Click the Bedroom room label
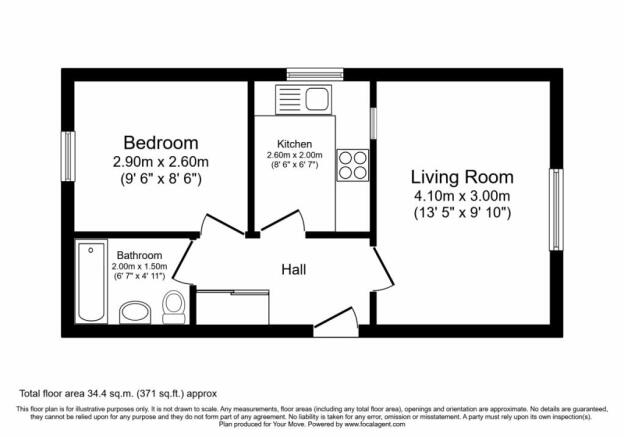point(161,143)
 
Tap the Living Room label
point(462,178)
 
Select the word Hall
point(294,270)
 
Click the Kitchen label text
point(294,144)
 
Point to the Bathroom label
point(139,255)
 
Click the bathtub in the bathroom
point(91,282)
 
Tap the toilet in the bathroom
point(174,307)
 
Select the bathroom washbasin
point(135,312)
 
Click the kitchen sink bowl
point(317,99)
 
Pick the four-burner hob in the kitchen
point(353,165)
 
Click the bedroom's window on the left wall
point(68,156)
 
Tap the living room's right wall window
point(556,210)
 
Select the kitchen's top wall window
point(315,74)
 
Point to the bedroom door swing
point(221,225)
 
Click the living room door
point(383,269)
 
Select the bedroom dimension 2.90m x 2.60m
point(161,162)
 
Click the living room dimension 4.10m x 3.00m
point(462,196)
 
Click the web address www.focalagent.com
point(375,425)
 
